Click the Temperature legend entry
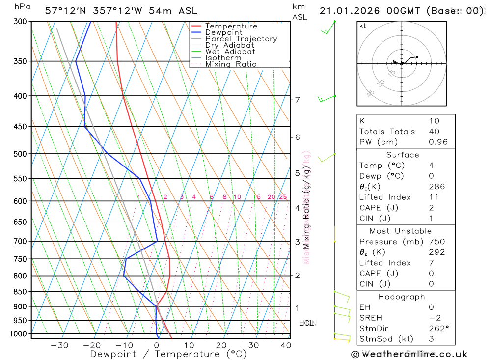pyautogui.click(x=231, y=26)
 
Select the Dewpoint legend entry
pyautogui.click(x=223, y=32)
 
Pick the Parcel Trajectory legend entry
pyautogui.click(x=241, y=39)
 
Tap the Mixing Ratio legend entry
pyautogui.click(x=231, y=64)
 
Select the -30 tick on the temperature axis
pyautogui.click(x=59, y=345)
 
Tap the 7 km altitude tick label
pyautogui.click(x=298, y=100)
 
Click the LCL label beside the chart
pyautogui.click(x=306, y=323)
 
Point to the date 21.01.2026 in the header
pyautogui.click(x=350, y=11)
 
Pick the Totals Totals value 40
pyautogui.click(x=434, y=132)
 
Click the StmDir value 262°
pyautogui.click(x=438, y=329)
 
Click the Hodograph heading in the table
pyautogui.click(x=402, y=297)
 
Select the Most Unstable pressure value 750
pyautogui.click(x=436, y=242)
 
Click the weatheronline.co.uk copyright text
pyautogui.click(x=409, y=354)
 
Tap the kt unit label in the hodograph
pyautogui.click(x=363, y=26)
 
